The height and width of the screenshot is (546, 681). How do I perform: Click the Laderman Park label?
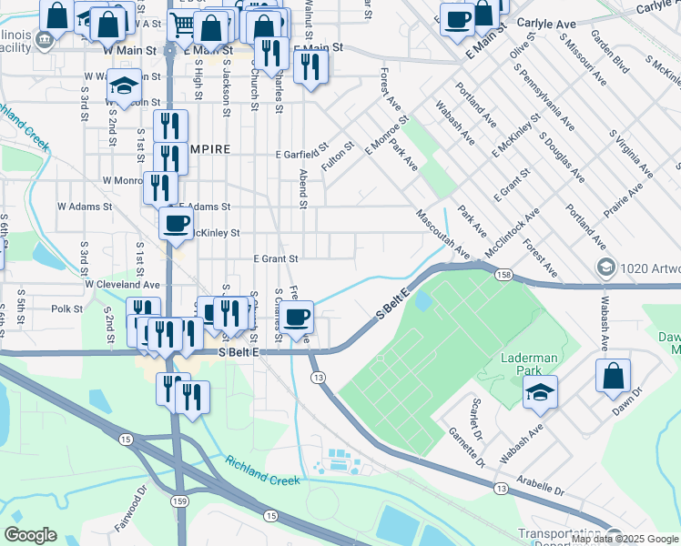[529, 358]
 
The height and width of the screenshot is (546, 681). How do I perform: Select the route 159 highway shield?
[183, 500]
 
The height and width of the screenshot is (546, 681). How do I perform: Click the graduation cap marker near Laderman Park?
[540, 392]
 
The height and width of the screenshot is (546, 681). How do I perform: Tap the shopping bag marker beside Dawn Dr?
[613, 374]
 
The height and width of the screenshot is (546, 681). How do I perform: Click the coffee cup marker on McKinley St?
[176, 222]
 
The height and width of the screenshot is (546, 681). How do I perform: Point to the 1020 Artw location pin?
[605, 267]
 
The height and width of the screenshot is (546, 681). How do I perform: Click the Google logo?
[30, 534]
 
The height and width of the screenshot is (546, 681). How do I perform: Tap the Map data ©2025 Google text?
[625, 539]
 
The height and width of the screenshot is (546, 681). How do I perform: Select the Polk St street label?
[67, 309]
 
